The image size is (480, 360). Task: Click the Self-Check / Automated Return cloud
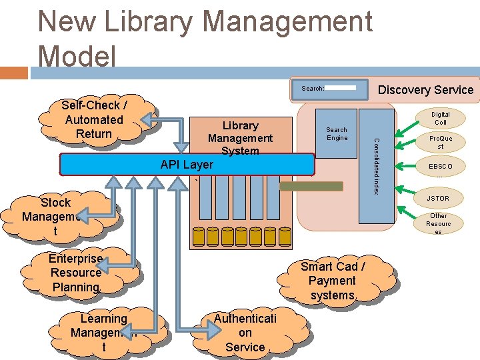(x=93, y=120)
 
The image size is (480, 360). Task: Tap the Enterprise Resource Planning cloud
(x=76, y=273)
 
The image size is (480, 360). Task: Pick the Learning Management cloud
(x=103, y=332)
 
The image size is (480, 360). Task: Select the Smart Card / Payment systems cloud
(x=332, y=281)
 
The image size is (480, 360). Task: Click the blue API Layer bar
(x=187, y=165)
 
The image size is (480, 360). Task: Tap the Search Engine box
(x=337, y=133)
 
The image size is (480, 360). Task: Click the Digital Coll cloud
(x=440, y=119)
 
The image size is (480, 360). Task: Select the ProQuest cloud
(x=440, y=143)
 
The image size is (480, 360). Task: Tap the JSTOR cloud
(x=438, y=198)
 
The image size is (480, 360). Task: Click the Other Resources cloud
(x=439, y=223)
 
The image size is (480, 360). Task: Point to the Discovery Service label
(x=425, y=90)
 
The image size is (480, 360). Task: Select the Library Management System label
(x=240, y=137)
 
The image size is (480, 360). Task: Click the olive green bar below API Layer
(x=311, y=186)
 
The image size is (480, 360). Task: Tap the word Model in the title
(x=77, y=56)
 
